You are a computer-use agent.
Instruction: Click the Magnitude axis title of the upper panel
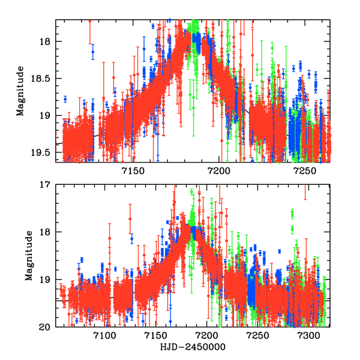[x=20, y=91]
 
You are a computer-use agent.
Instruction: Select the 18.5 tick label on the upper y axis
[x=42, y=79]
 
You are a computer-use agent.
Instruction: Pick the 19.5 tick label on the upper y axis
[x=42, y=152]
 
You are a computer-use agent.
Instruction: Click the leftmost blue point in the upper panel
[x=65, y=99]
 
